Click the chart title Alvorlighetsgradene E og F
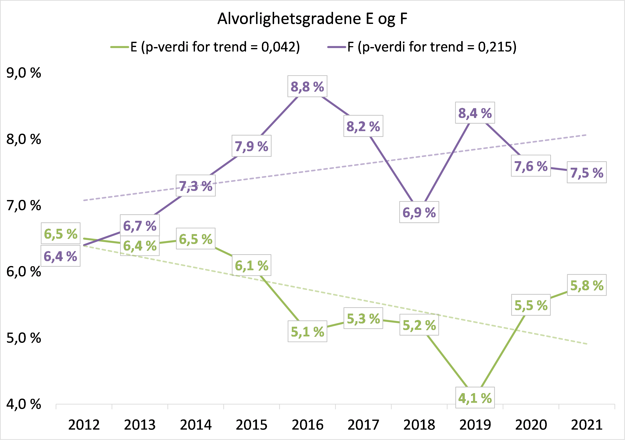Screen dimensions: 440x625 click(x=312, y=19)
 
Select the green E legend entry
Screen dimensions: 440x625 click(x=205, y=47)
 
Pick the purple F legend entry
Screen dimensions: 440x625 click(x=422, y=47)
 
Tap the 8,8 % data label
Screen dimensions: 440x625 click(x=307, y=87)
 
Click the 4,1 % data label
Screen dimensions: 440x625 click(x=475, y=398)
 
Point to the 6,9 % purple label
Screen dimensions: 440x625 click(x=419, y=212)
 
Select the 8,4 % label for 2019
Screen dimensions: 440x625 click(x=475, y=113)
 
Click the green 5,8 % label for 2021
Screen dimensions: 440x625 click(x=587, y=285)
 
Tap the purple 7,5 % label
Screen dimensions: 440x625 click(x=587, y=172)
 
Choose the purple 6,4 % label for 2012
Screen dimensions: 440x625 click(x=60, y=256)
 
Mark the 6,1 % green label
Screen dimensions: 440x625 click(x=251, y=265)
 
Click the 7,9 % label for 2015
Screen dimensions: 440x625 click(x=251, y=146)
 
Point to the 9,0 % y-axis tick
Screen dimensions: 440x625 click(x=24, y=73)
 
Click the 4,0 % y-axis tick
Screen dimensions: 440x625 click(x=24, y=404)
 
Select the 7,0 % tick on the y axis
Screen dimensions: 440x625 click(x=24, y=206)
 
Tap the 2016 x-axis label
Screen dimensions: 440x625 click(x=308, y=425)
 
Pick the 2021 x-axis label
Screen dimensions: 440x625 click(x=587, y=425)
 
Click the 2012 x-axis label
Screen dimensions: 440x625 click(x=84, y=425)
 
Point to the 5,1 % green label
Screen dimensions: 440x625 click(x=307, y=332)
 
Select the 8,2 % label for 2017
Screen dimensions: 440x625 click(x=363, y=126)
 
